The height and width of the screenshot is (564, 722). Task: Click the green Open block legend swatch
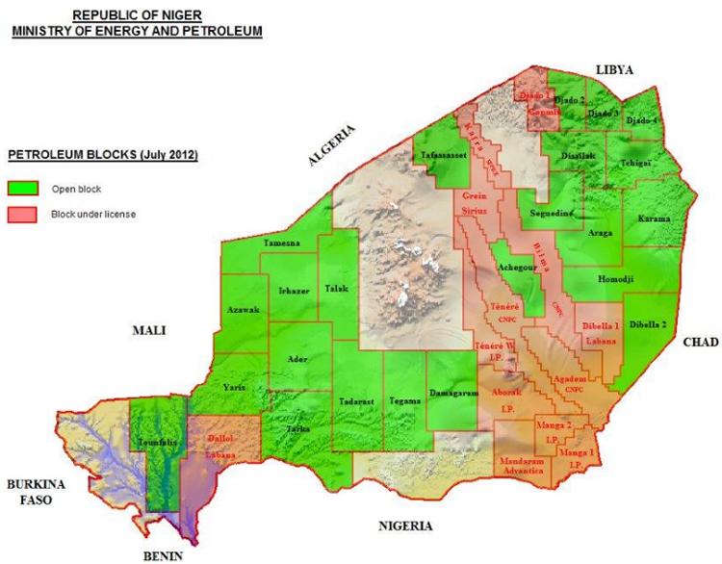(x=25, y=189)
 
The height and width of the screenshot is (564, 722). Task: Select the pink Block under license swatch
(x=25, y=215)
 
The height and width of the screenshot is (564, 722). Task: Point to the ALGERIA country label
(x=333, y=146)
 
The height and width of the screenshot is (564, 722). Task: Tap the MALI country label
(x=150, y=330)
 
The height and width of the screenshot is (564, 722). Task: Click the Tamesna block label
(x=282, y=244)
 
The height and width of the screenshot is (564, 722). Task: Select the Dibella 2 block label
(x=647, y=325)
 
